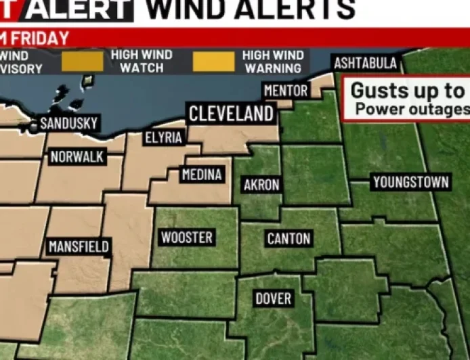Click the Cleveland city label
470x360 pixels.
tap(232, 114)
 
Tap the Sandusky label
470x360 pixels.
tap(68, 124)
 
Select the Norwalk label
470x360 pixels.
tap(77, 157)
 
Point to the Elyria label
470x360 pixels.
tap(164, 138)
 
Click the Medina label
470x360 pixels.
tap(202, 175)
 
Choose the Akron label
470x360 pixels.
tap(261, 185)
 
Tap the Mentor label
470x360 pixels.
tap(286, 91)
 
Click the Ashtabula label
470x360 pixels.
tap(365, 64)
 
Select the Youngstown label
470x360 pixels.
tap(410, 182)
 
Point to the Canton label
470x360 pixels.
tap(289, 238)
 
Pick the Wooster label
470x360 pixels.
tap(186, 238)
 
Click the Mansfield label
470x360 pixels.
tap(79, 246)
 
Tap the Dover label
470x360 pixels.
tap(273, 298)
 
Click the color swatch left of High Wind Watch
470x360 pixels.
tap(83, 62)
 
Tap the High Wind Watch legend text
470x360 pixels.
tap(142, 61)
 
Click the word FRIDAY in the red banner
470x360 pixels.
tap(41, 38)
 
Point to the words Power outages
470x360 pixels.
tap(412, 109)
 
